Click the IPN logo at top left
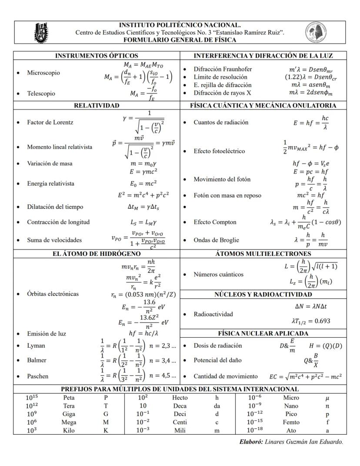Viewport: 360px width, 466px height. (42, 32)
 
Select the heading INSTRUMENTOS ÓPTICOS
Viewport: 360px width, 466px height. (97, 56)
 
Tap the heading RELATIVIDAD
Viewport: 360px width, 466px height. (97, 105)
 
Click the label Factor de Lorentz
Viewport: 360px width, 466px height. (50, 122)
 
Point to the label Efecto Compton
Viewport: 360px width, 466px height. (215, 222)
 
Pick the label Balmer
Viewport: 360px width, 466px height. (37, 360)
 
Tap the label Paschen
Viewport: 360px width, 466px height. (38, 376)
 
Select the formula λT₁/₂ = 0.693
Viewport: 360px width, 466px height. (310, 321)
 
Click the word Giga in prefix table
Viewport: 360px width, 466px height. (69, 414)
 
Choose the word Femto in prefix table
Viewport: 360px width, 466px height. (291, 422)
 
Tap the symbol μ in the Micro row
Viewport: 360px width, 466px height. (327, 398)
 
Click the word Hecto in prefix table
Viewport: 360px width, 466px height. (180, 398)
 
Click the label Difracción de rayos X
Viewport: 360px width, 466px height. (222, 92)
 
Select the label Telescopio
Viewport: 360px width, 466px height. (41, 93)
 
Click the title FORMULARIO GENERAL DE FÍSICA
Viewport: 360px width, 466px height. (180, 40)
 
